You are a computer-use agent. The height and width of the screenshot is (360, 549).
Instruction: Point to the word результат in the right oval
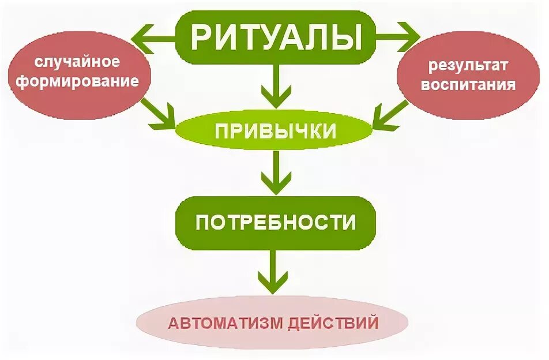tap(467, 66)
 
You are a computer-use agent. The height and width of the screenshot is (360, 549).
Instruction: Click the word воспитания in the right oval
tap(467, 85)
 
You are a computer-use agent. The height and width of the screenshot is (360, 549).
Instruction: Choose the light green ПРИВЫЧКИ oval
tap(275, 131)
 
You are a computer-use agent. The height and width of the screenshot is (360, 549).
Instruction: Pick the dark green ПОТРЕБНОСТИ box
tap(275, 222)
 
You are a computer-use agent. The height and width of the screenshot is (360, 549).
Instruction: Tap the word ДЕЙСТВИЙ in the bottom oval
tap(334, 322)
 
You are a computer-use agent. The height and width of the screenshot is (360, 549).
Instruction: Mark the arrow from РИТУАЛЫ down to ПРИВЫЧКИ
tap(275, 87)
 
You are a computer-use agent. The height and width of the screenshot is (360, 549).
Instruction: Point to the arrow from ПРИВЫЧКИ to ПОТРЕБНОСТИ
tap(275, 172)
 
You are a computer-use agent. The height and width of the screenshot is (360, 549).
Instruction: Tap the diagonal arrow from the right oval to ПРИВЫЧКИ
tap(389, 113)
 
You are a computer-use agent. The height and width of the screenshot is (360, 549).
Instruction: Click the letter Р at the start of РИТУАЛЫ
tap(202, 36)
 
